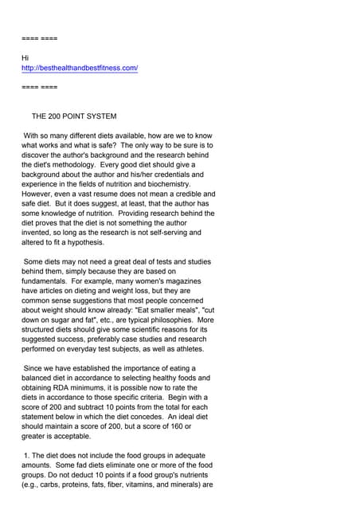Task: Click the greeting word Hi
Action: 25,58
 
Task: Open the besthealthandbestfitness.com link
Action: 80,69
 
